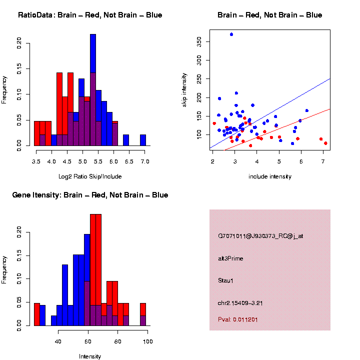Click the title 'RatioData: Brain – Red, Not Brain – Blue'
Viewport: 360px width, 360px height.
tap(90, 15)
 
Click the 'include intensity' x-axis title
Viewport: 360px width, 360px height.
tap(270, 176)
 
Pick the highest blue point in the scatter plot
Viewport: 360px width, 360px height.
tap(231, 34)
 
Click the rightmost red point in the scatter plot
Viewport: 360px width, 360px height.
tap(325, 143)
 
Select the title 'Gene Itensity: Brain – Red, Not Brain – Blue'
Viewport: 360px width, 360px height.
tap(90, 195)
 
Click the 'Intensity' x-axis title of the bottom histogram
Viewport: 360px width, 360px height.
tap(90, 356)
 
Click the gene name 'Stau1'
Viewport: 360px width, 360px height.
tap(225, 280)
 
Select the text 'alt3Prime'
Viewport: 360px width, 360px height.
tap(230, 258)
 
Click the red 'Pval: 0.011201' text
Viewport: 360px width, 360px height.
tap(237, 319)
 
